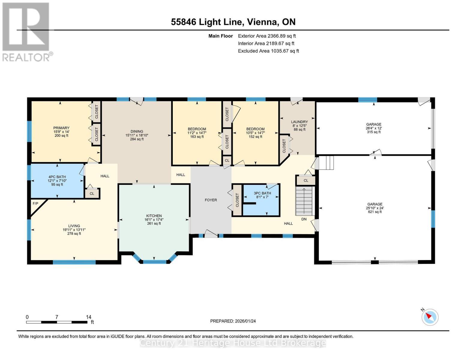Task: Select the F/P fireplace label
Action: coord(35,203)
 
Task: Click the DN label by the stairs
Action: coord(304,219)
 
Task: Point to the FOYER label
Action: coord(211,200)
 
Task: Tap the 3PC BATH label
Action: coord(262,193)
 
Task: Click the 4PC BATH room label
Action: coord(57,177)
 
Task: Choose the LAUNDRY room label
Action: coord(299,122)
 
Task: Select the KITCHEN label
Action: coord(154,216)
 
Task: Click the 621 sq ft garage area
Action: coord(375,212)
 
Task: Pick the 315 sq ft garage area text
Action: coord(374,132)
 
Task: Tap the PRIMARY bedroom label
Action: coord(61,128)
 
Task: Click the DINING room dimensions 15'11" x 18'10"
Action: coord(137,135)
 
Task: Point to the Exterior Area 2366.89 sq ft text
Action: coord(267,36)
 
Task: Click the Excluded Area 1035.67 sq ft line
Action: coord(268,51)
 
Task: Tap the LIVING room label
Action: coord(74,226)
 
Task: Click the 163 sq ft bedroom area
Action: coord(197,136)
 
